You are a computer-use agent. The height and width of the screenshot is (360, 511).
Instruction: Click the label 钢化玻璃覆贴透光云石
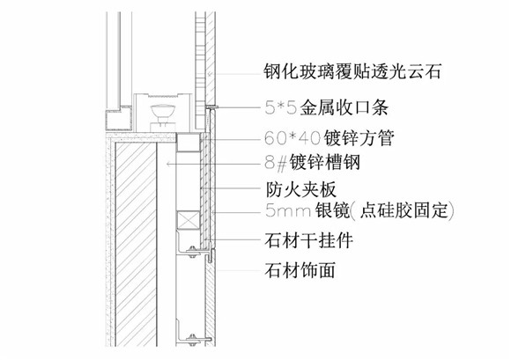coord(352,71)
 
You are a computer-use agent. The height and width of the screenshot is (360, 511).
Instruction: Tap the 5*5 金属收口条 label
coord(326,107)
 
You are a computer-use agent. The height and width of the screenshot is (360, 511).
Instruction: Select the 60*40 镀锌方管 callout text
coord(330,137)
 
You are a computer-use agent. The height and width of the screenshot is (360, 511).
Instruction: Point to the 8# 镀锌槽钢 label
coord(312,162)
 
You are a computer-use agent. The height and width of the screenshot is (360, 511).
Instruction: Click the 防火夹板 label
coord(300,189)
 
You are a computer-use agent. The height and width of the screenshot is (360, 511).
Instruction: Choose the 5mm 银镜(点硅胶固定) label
coord(359,210)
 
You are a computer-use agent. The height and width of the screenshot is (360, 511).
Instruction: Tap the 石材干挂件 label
coord(309,240)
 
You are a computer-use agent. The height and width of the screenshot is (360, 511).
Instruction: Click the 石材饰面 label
coord(300,270)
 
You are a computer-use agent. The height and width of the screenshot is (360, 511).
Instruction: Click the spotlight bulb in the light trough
coord(163,111)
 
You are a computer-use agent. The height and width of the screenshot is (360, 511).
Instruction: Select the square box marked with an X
coord(188,220)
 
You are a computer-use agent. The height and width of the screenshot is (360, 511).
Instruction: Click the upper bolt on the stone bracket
coord(193,251)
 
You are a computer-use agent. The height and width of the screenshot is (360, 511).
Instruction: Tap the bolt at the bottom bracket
coord(193,340)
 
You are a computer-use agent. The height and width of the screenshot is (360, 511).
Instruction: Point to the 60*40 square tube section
coord(188,143)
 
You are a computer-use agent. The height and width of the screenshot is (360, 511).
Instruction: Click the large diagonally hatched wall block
coord(136,244)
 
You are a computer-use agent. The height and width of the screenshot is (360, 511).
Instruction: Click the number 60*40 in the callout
coord(293,138)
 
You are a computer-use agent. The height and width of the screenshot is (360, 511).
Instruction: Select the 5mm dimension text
coord(287,210)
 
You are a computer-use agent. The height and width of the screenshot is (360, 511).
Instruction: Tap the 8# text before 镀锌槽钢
coord(276,163)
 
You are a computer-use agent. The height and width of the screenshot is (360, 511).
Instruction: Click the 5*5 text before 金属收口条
coord(280,107)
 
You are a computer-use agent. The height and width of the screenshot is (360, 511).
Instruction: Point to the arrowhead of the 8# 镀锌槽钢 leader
coord(167,164)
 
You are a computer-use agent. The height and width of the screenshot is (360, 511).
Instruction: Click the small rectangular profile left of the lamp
coord(118,119)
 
